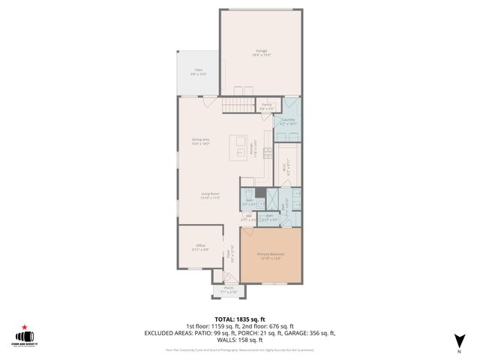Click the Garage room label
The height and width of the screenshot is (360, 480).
[x=262, y=52]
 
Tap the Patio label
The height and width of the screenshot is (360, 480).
[x=198, y=72]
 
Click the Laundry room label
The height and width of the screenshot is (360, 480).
[x=288, y=121]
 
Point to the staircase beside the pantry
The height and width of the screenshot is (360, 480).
[x=238, y=106]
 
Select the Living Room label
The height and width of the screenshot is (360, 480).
[x=209, y=196]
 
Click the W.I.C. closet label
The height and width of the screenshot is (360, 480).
[x=284, y=169]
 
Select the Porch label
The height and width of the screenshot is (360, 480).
[x=228, y=289]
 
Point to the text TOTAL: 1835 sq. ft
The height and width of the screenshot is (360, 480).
[x=239, y=319]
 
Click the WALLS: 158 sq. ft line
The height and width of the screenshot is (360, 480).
[x=239, y=340]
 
